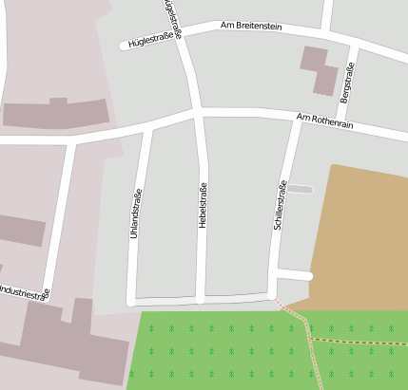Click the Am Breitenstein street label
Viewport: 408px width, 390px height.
[252, 26]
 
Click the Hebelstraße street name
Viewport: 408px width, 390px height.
[203, 203]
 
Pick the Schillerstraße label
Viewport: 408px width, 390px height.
[280, 205]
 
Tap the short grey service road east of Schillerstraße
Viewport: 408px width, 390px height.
[299, 190]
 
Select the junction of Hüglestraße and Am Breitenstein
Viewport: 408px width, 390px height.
[184, 34]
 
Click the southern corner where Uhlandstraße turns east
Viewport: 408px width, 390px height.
[132, 301]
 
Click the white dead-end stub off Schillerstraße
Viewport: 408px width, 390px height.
[295, 275]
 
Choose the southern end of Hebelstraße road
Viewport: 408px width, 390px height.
[201, 298]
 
